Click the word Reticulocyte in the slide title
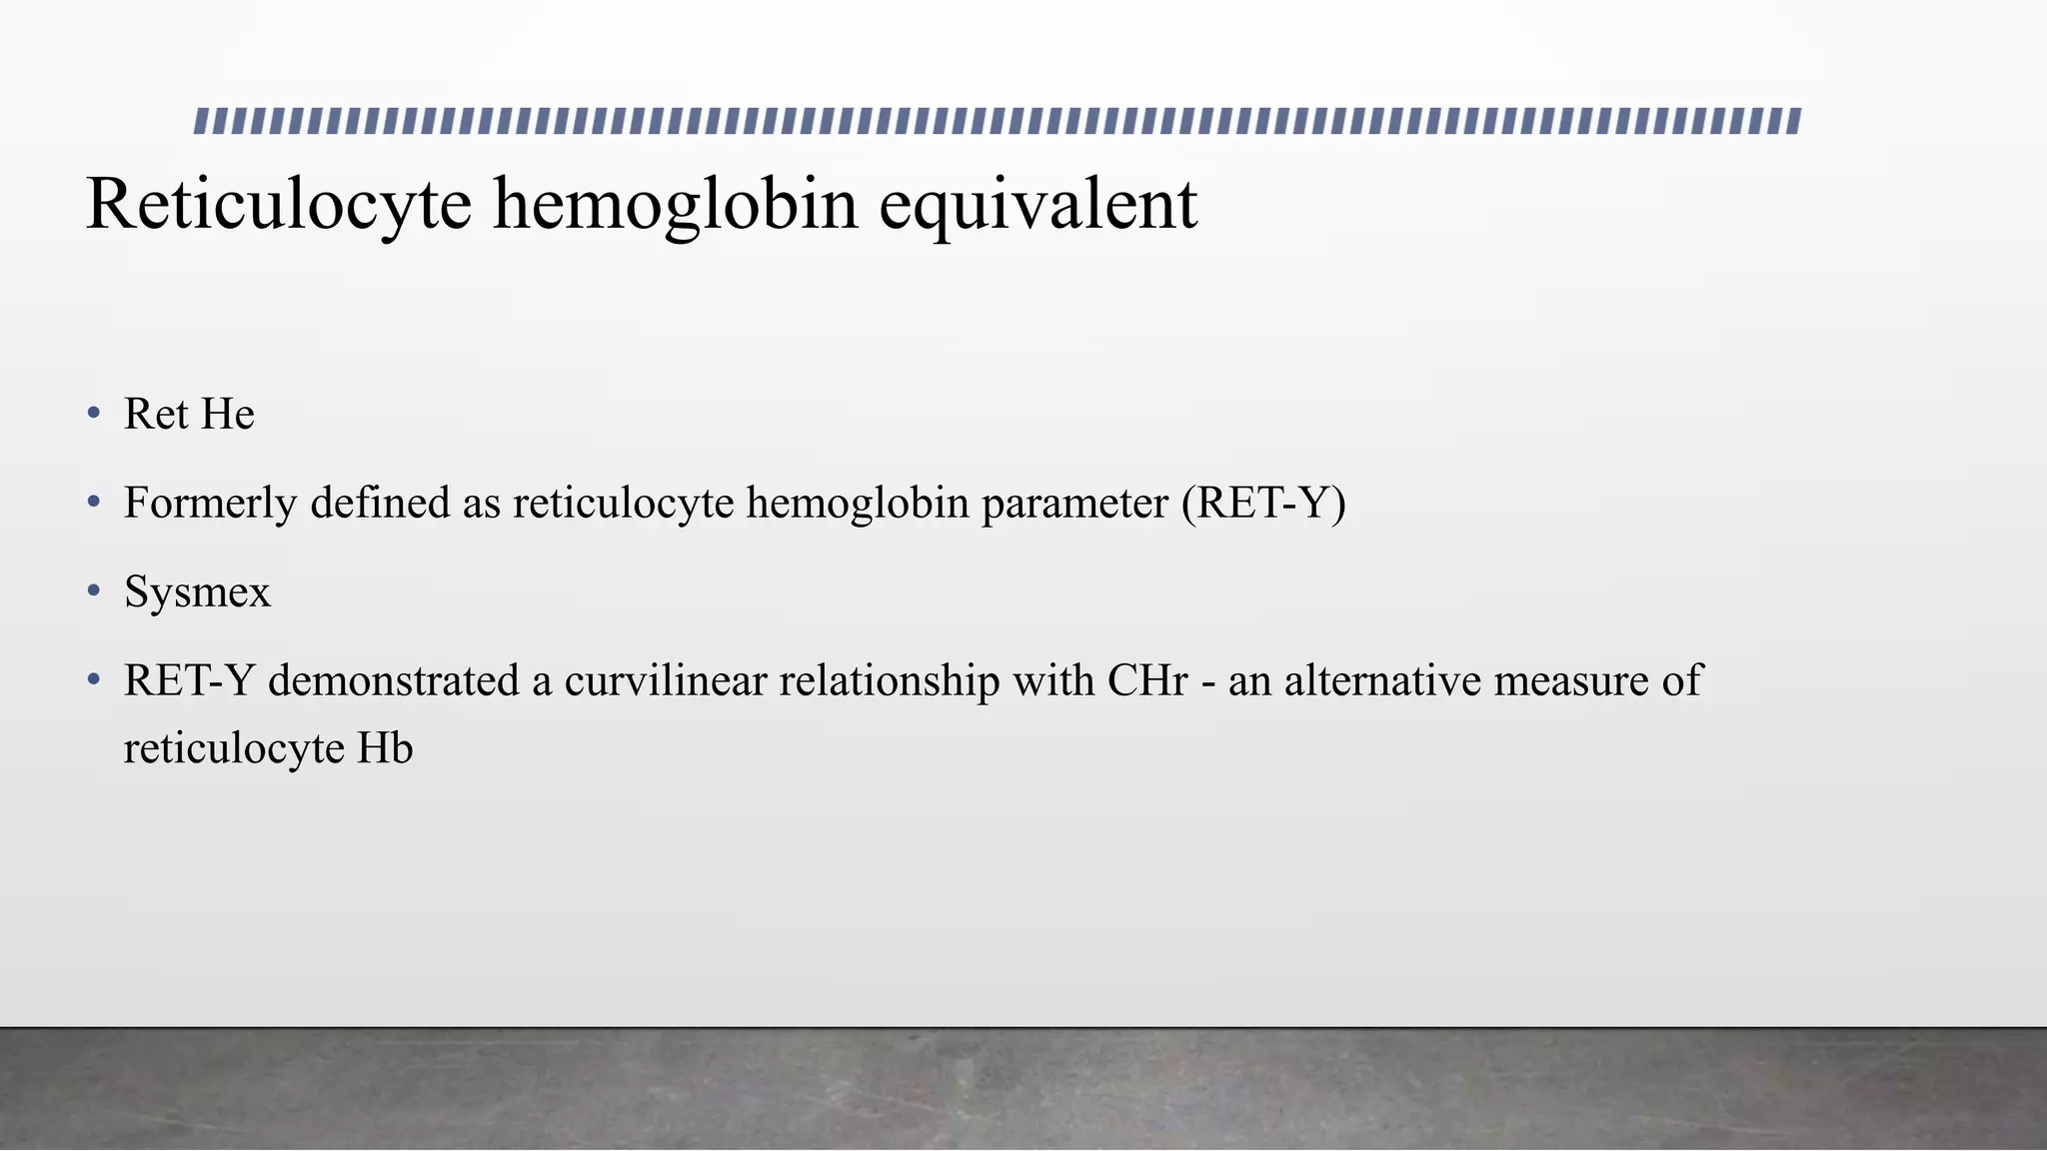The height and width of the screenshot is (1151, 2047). [279, 205]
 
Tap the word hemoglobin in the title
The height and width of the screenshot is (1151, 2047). [676, 205]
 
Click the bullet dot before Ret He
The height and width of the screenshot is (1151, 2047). [94, 413]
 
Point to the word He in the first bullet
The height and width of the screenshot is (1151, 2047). [228, 414]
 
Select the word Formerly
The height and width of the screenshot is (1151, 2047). [210, 503]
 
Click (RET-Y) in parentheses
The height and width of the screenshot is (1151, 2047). [1263, 503]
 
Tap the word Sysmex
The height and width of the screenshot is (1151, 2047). [197, 591]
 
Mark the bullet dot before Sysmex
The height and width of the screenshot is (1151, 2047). [94, 591]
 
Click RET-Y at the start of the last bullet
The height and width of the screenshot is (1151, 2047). [189, 680]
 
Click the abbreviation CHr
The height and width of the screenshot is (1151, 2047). [1147, 680]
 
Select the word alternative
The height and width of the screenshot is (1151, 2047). [1382, 680]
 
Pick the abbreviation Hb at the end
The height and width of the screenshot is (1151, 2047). [385, 748]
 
